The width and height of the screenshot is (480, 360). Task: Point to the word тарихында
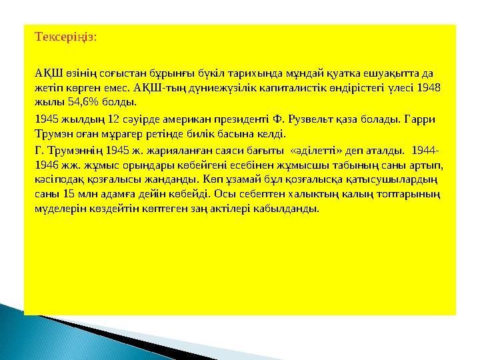pyautogui.click(x=234, y=73)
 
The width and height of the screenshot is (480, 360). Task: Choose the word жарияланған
pyautogui.click(x=154, y=150)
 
